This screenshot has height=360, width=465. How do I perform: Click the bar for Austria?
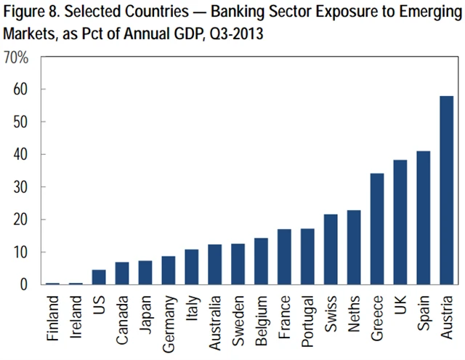click(446, 191)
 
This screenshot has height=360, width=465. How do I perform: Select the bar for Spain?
click(423, 218)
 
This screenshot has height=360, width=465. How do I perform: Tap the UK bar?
click(400, 223)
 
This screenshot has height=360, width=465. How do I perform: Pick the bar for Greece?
click(376, 229)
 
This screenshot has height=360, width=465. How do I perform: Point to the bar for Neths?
click(353, 247)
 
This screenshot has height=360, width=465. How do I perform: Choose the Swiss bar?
click(331, 249)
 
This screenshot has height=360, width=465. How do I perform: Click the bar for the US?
click(99, 277)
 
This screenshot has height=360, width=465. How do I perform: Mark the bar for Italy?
click(192, 267)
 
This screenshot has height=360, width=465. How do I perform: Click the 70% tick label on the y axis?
click(15, 57)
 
